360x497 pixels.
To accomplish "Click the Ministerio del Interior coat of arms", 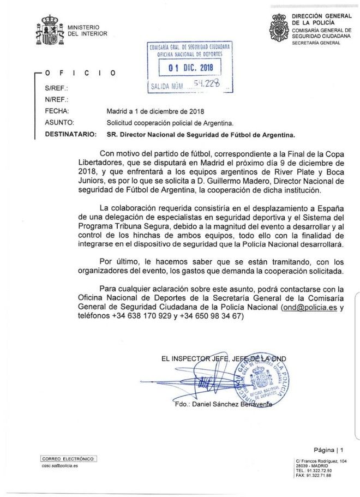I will (49, 31).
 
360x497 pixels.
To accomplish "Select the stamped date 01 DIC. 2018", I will (190, 68).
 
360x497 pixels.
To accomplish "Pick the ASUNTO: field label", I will (59, 123).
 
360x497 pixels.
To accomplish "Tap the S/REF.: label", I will (56, 88).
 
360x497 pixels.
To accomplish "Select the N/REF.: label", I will (56, 100).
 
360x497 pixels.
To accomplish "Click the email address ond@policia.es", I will (309, 308).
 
